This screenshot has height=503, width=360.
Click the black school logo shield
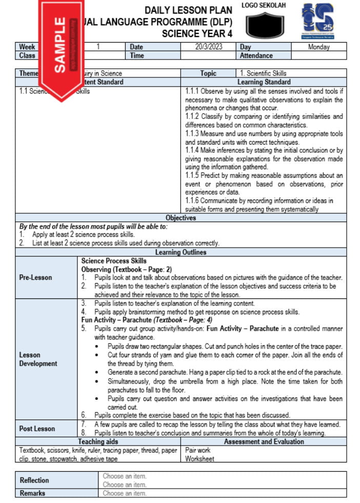[264, 25]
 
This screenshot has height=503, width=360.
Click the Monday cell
[318, 47]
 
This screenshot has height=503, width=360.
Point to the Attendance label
[256, 55]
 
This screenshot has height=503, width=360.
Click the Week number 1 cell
[98, 47]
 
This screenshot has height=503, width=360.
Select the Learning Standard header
[264, 82]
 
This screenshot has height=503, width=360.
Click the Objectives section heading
[181, 218]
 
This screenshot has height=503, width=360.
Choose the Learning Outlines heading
[181, 252]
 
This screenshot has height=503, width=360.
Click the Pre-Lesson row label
[35, 278]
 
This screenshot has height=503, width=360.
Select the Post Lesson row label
[37, 429]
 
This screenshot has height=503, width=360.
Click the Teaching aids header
[98, 441]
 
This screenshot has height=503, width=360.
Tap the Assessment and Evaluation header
[264, 441]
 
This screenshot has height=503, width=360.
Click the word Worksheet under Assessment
[199, 458]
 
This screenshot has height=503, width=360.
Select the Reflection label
[34, 480]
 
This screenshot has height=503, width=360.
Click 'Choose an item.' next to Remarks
[124, 493]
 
